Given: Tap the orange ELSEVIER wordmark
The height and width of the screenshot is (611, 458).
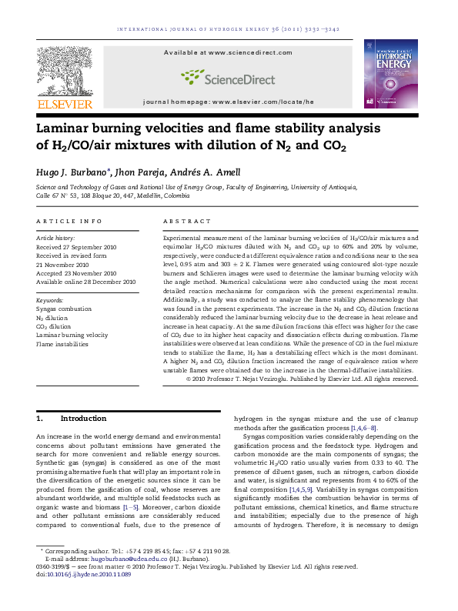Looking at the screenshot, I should [x=65, y=103].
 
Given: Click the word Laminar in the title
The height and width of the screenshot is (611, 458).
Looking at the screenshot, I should [x=67, y=128].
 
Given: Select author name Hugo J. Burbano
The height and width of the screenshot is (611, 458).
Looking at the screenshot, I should [x=72, y=172].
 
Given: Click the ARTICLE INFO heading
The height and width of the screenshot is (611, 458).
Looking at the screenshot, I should [x=69, y=221].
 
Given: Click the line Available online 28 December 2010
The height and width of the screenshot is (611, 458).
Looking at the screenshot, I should [x=86, y=282].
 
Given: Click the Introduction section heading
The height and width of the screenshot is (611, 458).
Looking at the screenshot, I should [x=83, y=419].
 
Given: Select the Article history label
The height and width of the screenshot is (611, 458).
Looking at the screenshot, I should [x=55, y=239].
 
